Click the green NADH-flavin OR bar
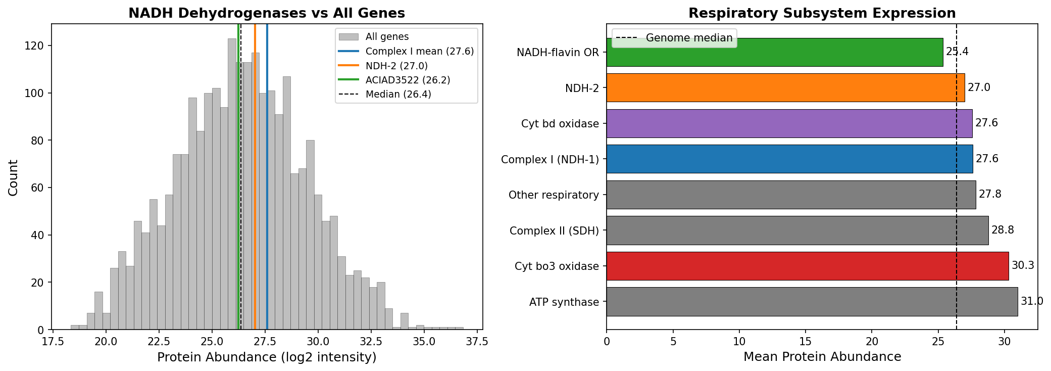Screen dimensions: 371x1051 point(774,52)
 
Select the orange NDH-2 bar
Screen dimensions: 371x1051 point(785,87)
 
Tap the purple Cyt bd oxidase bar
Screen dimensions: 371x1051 point(789,123)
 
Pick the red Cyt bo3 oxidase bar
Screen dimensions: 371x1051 point(807,266)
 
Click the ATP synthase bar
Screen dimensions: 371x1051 point(812,302)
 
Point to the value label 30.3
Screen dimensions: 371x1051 point(1023,266)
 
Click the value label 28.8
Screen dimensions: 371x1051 point(1003,230)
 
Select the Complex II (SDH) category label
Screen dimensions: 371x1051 point(554,231)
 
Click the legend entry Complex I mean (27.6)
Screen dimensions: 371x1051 point(419,52)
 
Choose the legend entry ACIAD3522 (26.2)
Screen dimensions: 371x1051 point(408,80)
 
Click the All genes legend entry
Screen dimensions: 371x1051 point(387,37)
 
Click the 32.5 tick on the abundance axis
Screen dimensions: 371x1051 point(371,341)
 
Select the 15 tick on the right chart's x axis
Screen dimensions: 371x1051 point(806,341)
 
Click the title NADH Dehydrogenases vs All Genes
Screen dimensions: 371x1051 point(267,13)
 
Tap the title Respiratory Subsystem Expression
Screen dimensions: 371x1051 point(822,13)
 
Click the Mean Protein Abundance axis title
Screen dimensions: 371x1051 point(822,357)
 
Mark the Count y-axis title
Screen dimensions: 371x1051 point(13,177)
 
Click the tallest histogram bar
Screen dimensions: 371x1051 point(232,184)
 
